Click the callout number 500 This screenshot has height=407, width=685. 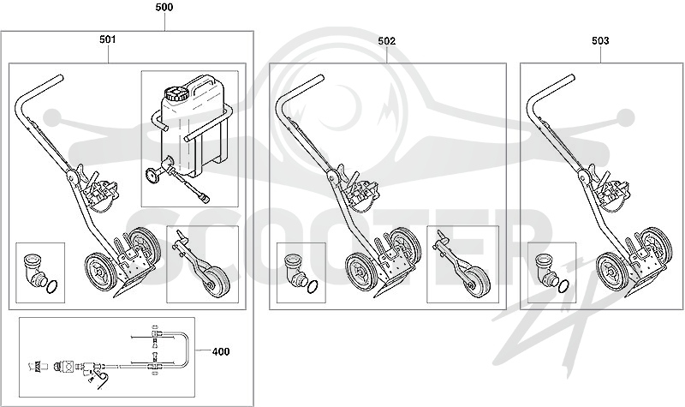[x=164, y=7]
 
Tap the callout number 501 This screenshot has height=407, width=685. [x=108, y=39]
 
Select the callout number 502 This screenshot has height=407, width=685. [x=387, y=41]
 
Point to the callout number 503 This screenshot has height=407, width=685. [x=600, y=40]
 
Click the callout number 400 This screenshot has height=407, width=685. [x=221, y=351]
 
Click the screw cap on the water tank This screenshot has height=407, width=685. [x=176, y=94]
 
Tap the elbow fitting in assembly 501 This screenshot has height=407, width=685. [x=33, y=268]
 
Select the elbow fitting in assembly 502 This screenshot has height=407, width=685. [x=295, y=268]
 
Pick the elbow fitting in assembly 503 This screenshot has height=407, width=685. [x=545, y=267]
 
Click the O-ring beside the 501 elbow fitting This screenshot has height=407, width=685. [x=51, y=287]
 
